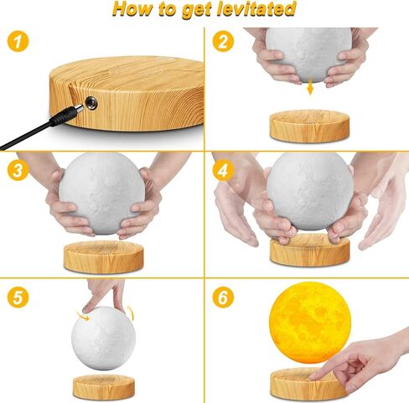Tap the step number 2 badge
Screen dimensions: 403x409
(222, 41)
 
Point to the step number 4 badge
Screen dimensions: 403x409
(222, 171)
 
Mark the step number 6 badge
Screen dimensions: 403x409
(222, 297)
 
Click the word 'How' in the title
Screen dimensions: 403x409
(133, 10)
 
